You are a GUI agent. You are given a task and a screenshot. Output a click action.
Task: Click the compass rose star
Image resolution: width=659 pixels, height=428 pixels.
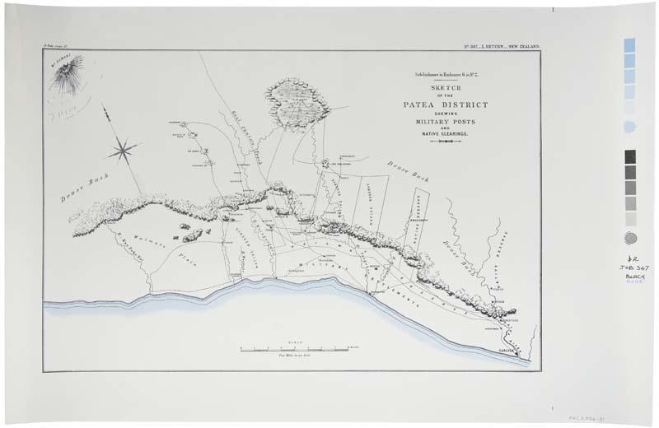tap(123, 149)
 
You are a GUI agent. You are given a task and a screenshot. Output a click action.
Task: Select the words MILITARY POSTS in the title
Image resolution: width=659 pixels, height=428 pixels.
tap(445, 122)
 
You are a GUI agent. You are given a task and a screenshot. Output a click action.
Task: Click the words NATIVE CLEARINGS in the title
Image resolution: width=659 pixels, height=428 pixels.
tap(445, 133)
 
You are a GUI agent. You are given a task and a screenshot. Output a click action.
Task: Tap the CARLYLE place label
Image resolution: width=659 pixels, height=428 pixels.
tap(504, 351)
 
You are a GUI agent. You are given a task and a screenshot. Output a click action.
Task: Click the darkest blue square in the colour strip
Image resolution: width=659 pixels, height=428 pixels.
tap(630, 44)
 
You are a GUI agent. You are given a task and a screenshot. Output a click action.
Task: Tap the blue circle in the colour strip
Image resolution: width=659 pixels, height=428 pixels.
tap(630, 127)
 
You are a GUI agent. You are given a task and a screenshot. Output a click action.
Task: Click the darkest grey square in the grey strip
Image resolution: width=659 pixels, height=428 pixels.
tap(630, 156)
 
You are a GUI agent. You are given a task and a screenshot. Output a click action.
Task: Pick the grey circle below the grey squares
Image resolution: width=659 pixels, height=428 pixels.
tap(630, 237)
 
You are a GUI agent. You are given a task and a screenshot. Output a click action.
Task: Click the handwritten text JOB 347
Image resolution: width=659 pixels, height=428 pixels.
tap(631, 267)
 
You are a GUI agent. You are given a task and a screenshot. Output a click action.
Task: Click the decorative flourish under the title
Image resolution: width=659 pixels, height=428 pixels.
tap(445, 142)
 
